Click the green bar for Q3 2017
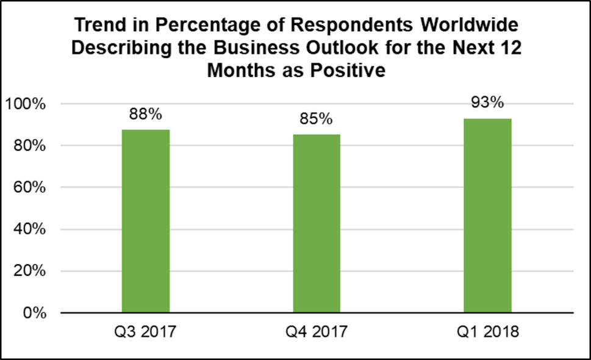click(x=146, y=221)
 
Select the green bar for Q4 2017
click(x=317, y=223)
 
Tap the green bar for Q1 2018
click(x=487, y=215)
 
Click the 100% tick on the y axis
click(x=26, y=104)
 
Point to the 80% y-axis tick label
click(x=29, y=146)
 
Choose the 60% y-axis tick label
click(x=29, y=187)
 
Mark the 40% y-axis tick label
click(x=29, y=229)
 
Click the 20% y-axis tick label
click(x=29, y=271)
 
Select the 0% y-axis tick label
click(x=33, y=312)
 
